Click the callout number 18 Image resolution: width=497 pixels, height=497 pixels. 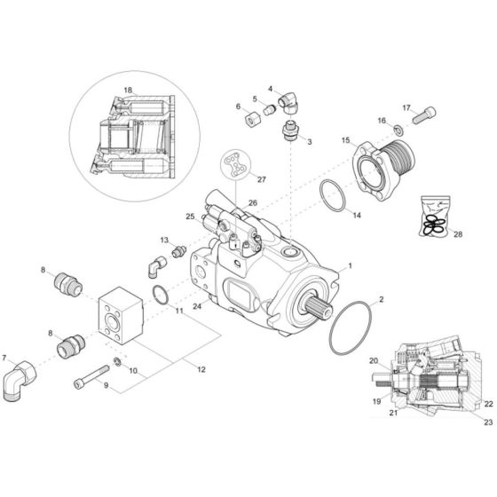pos(128,91)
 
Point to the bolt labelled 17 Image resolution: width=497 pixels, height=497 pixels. pos(422,114)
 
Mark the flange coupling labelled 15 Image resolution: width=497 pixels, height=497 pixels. pos(376,169)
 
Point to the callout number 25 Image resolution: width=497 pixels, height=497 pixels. pos(190,217)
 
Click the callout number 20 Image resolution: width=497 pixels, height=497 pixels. pos(374,360)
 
